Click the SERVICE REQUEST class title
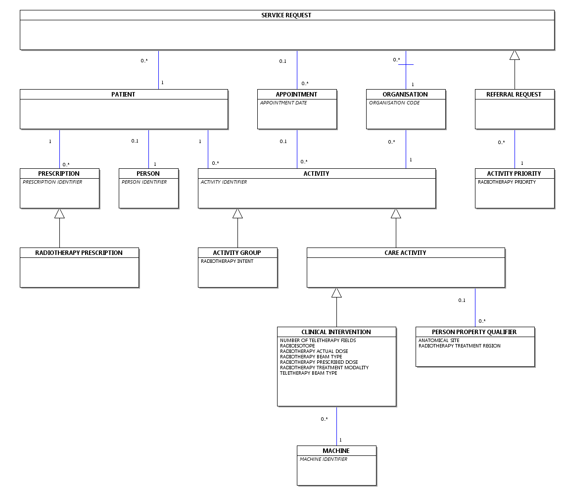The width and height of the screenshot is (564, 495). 286,15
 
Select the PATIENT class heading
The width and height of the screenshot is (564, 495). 123,94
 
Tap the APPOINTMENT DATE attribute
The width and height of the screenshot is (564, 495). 283,103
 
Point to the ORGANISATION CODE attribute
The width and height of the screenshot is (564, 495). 394,103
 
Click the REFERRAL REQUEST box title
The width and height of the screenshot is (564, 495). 514,94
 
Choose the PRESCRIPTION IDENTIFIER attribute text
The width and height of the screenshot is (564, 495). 52,182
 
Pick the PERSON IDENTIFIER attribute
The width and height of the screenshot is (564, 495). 144,182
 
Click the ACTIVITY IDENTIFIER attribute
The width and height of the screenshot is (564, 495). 224,182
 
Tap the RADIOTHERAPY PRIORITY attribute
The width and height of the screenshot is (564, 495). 507,182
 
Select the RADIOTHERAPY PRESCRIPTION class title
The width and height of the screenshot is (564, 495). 79,252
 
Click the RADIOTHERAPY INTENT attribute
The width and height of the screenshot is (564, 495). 227,261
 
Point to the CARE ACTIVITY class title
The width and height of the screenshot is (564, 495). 405,252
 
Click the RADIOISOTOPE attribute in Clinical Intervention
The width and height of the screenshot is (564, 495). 297,346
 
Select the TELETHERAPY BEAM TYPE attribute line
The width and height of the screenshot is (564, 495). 309,373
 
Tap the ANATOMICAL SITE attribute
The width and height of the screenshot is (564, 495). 439,341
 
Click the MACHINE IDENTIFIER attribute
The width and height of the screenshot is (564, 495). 324,459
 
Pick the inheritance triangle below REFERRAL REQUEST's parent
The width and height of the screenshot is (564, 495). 515,55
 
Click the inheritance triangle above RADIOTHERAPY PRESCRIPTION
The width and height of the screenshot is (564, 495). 59,213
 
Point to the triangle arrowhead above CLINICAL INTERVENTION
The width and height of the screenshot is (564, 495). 336,293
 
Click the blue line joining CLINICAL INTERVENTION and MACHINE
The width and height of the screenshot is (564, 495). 336,426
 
